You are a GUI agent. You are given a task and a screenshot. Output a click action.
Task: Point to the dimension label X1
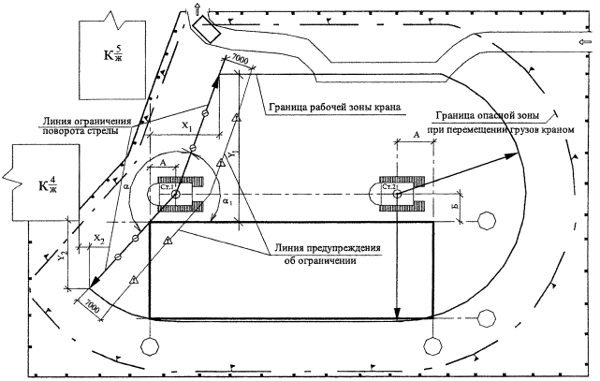(x=184, y=124)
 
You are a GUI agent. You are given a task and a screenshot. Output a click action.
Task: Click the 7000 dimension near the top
(x=239, y=59)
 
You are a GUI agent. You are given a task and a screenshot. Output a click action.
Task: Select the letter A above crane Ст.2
(x=414, y=136)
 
